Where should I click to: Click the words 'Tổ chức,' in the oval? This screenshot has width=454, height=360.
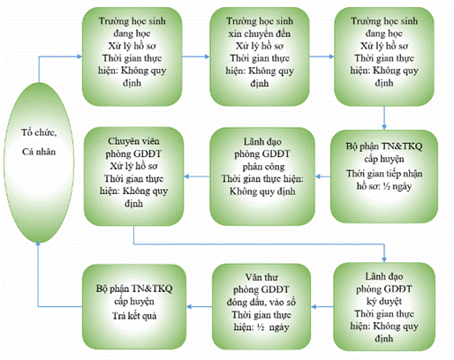pos(39,132)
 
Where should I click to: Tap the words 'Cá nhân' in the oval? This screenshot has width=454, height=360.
pos(39,152)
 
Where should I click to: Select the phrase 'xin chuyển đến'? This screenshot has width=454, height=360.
pos(260,34)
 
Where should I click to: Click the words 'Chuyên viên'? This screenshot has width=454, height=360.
pos(133,141)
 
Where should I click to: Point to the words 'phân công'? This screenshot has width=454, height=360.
pos(263,167)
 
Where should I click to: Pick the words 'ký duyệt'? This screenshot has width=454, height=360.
pos(384,302)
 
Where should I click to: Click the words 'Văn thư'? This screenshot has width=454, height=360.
pos(261,277)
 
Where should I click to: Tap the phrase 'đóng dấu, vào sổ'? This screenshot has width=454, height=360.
pos(261,302)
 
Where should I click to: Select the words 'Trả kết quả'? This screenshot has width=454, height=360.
pos(134,316)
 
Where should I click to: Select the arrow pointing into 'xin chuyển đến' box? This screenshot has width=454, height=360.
pos(196,56)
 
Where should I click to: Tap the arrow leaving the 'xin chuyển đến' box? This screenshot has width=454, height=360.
pos(322,56)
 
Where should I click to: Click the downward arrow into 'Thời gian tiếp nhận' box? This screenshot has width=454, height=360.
pos(384,117)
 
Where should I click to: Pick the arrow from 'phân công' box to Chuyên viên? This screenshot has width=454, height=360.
pos(197,176)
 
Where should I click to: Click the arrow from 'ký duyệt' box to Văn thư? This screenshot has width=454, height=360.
pos(322,307)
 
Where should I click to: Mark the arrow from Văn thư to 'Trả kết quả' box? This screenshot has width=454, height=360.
pos(200,307)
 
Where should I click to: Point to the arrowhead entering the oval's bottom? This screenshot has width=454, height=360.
pos(38,244)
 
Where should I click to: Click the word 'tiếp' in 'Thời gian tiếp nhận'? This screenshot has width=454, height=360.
pos(384,174)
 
